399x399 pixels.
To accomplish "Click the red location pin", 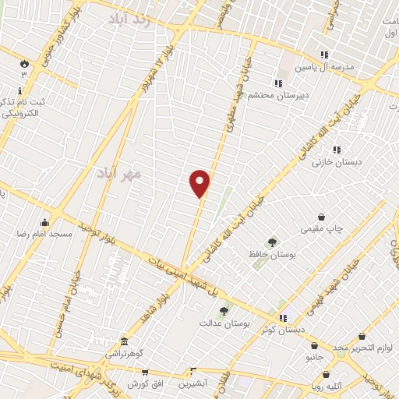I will tap(200, 182).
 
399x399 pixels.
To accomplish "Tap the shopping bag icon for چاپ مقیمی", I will tap(321, 217).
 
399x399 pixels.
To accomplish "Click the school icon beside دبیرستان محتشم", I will tap(277, 83).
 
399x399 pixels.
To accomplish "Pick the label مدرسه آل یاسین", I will tap(344, 66).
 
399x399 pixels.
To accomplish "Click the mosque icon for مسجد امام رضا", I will tap(44, 222).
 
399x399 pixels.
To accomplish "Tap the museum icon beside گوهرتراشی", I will tap(124, 342).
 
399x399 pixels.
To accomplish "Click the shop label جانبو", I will tap(313, 357).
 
